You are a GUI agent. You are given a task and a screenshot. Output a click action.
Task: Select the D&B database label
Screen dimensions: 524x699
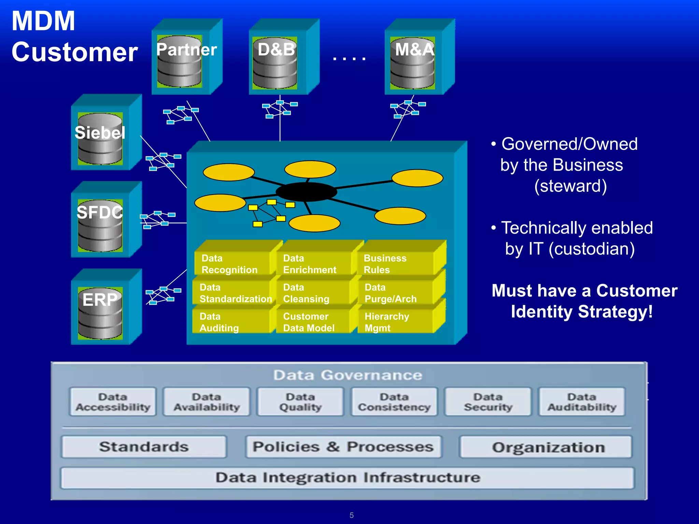point(276,49)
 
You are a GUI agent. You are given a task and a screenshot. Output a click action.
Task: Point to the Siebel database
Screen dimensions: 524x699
point(100,140)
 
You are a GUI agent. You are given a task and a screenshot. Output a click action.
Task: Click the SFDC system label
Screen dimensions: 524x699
point(99,212)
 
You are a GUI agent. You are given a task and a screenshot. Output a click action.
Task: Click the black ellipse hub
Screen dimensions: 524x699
point(306,192)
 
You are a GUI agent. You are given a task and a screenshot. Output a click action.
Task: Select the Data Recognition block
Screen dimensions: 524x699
point(232,264)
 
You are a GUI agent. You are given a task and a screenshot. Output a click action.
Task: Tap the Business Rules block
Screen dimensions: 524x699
point(396,264)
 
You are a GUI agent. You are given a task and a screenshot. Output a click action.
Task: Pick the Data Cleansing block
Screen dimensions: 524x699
point(312,293)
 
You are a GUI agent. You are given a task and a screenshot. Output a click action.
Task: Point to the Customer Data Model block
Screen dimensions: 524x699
point(312,322)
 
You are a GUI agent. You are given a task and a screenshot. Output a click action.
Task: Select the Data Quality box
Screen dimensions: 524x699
point(300,402)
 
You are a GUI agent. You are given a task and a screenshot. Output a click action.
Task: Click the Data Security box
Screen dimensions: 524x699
point(488,402)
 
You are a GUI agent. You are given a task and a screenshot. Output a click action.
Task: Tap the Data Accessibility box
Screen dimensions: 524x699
point(113,402)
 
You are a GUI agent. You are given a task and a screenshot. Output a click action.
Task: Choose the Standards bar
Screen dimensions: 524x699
point(144,447)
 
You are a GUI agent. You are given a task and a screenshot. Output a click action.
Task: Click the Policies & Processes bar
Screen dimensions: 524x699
point(343,447)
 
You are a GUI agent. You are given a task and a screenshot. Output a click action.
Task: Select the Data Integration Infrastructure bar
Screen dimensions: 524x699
point(347,478)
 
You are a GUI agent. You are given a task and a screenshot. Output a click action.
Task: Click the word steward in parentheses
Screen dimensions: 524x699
point(570,186)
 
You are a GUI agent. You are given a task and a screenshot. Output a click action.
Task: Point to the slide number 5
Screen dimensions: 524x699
point(352,515)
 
